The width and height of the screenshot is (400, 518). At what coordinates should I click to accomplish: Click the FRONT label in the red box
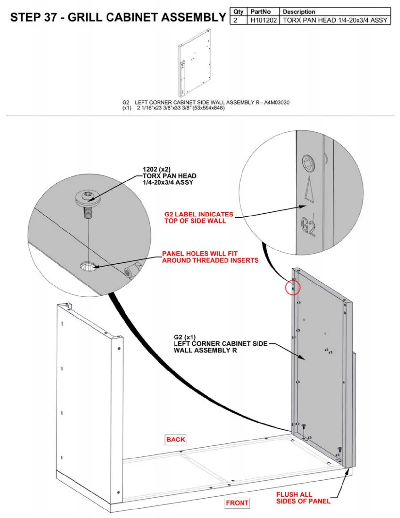click(237, 503)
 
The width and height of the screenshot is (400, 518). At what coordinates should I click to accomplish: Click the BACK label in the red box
click(175, 440)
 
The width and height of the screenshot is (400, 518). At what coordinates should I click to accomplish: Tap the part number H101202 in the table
click(263, 20)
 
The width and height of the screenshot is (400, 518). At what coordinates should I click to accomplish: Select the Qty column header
click(238, 12)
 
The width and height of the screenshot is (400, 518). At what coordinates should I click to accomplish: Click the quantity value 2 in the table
click(235, 20)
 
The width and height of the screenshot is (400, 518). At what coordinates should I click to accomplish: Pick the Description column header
click(299, 12)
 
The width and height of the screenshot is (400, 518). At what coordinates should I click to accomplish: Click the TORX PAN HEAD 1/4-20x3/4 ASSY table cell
click(335, 20)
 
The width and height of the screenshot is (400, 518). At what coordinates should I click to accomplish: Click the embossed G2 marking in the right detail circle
click(309, 226)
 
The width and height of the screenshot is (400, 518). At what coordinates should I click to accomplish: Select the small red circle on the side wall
click(292, 287)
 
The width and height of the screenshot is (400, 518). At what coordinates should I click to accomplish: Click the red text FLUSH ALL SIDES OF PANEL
click(303, 497)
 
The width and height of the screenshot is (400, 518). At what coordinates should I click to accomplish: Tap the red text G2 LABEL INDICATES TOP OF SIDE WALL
click(198, 217)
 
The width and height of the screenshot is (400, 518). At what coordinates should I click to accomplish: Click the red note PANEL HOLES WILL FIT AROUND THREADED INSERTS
click(210, 257)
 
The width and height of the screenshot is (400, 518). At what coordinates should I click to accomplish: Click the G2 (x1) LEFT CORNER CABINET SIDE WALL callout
click(220, 343)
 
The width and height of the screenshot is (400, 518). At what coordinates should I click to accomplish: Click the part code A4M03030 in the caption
click(276, 102)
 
